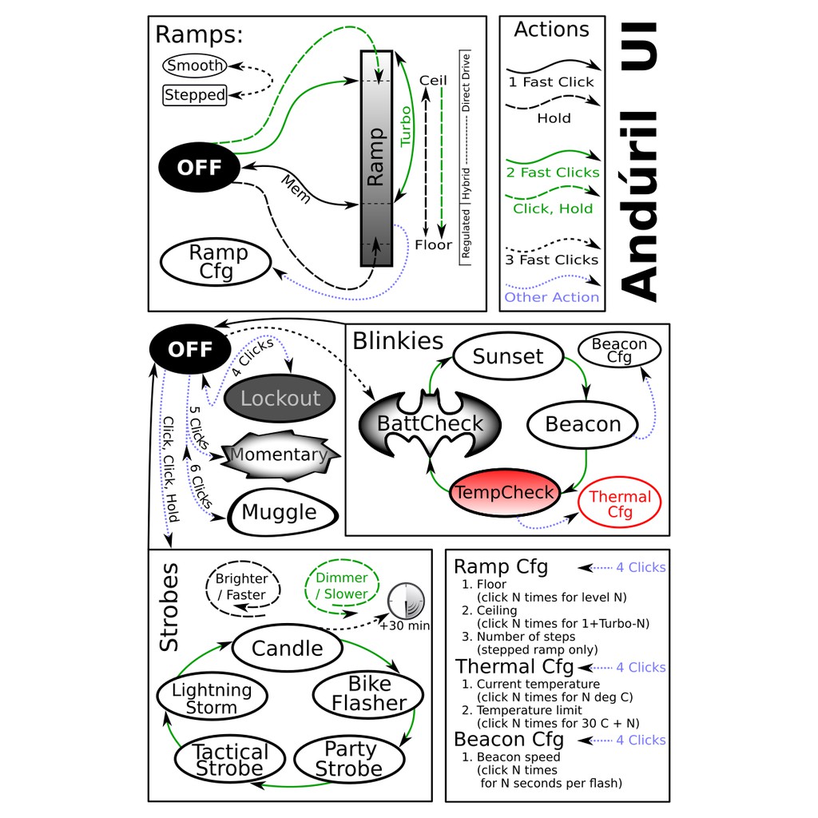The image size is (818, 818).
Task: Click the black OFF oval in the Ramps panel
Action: click(x=199, y=168)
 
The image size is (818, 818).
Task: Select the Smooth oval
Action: click(x=194, y=66)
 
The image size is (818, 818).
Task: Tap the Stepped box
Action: click(x=195, y=95)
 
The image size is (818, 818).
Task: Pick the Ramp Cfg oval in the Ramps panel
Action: click(x=216, y=262)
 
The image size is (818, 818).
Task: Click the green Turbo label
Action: click(x=406, y=125)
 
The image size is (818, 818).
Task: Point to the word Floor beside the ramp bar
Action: click(x=433, y=244)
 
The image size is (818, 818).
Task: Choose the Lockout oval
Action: click(x=280, y=399)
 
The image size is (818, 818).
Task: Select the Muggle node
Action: click(x=279, y=512)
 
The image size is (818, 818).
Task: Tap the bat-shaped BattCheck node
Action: click(x=430, y=424)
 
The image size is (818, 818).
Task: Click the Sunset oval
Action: click(x=507, y=356)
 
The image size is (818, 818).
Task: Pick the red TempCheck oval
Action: click(x=504, y=492)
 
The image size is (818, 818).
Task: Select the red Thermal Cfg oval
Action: click(x=620, y=504)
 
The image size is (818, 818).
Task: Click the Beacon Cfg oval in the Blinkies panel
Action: click(x=619, y=350)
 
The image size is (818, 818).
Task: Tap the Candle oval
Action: click(x=288, y=648)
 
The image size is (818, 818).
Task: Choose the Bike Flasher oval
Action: click(x=368, y=693)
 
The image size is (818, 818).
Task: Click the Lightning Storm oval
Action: click(x=212, y=698)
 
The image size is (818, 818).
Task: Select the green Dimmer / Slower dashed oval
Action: click(x=342, y=586)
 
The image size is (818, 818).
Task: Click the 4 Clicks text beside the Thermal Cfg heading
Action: click(x=641, y=667)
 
